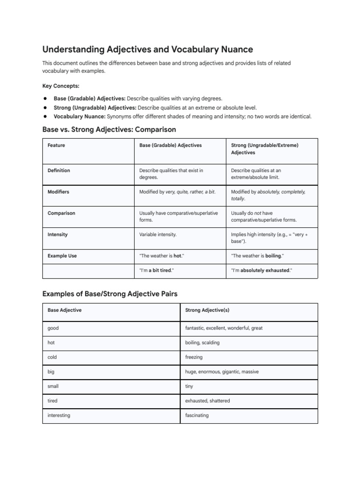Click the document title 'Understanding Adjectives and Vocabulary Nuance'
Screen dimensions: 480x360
coord(148,49)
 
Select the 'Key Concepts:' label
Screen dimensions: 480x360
coord(61,86)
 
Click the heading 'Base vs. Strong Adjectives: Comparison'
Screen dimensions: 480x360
coord(109,129)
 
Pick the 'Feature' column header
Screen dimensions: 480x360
coord(56,145)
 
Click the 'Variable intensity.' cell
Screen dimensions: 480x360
coord(158,234)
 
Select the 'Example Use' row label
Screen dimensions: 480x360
coord(62,256)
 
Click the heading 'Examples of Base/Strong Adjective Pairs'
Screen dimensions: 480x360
coord(110,293)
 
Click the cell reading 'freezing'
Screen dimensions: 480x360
coord(194,357)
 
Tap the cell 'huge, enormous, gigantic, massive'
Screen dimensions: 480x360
coord(222,372)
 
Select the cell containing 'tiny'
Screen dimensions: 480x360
coord(189,386)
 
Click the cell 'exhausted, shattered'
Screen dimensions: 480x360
coord(208,401)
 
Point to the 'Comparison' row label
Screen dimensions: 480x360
coord(61,213)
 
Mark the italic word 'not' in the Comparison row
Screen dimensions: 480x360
coord(257,213)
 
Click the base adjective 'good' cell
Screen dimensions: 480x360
coord(53,328)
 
